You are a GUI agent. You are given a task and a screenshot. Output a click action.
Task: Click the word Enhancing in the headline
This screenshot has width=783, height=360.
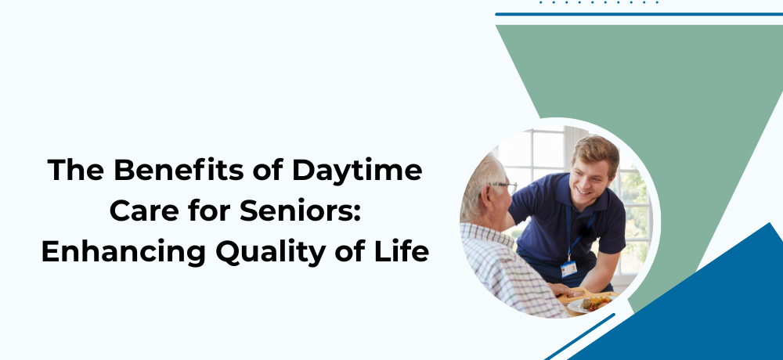(x=124, y=252)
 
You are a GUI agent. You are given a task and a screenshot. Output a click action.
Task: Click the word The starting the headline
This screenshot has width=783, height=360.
(x=75, y=170)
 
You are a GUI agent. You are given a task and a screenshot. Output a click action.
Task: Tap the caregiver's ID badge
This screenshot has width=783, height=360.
(x=568, y=269)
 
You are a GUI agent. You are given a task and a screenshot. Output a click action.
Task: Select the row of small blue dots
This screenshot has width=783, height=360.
(x=599, y=2)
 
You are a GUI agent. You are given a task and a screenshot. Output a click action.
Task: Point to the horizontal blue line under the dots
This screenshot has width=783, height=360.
(x=639, y=14)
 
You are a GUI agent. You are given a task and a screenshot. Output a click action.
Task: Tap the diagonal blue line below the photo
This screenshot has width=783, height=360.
(x=579, y=337)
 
